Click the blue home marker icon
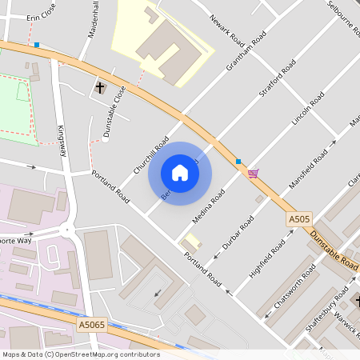click(180, 173)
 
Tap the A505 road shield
click(298, 218)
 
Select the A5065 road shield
click(92, 326)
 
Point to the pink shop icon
click(254, 173)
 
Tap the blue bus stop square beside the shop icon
click(238, 162)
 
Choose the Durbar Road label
click(238, 232)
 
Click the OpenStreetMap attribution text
click(81, 354)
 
